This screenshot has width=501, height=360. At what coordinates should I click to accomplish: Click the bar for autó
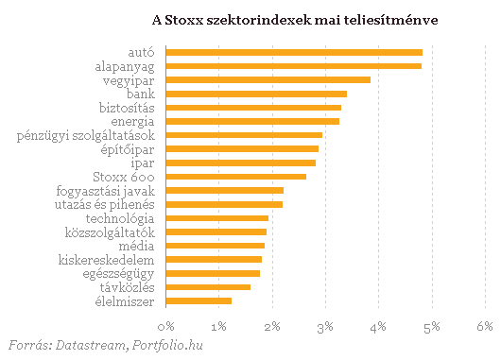click(x=294, y=52)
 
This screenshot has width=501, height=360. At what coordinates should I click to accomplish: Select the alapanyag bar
click(x=294, y=66)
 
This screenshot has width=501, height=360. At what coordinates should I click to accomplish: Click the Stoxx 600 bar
click(x=236, y=177)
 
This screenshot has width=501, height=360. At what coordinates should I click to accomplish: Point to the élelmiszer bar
click(x=199, y=300)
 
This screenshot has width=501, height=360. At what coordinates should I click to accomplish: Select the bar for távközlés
click(x=208, y=286)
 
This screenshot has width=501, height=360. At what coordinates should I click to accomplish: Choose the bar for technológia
click(x=217, y=218)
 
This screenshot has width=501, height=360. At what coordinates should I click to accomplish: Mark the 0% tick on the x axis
click(x=166, y=326)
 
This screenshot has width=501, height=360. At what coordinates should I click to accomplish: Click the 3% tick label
click(x=325, y=326)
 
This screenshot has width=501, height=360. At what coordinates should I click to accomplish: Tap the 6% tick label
click(x=485, y=326)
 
